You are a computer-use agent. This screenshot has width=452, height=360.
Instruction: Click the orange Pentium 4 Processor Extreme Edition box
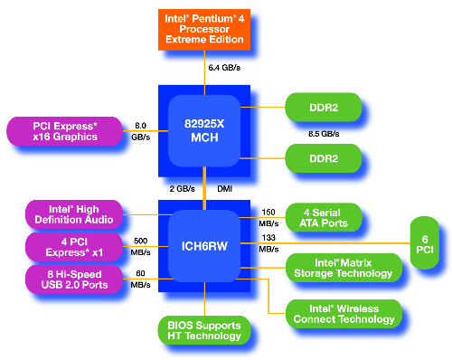[203, 28]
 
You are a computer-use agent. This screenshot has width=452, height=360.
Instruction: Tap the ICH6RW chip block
[203, 243]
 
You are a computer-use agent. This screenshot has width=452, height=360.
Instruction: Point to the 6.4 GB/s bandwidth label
[225, 68]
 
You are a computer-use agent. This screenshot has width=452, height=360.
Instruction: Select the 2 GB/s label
[184, 189]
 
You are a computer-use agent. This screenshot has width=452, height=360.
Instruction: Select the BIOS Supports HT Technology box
[203, 329]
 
